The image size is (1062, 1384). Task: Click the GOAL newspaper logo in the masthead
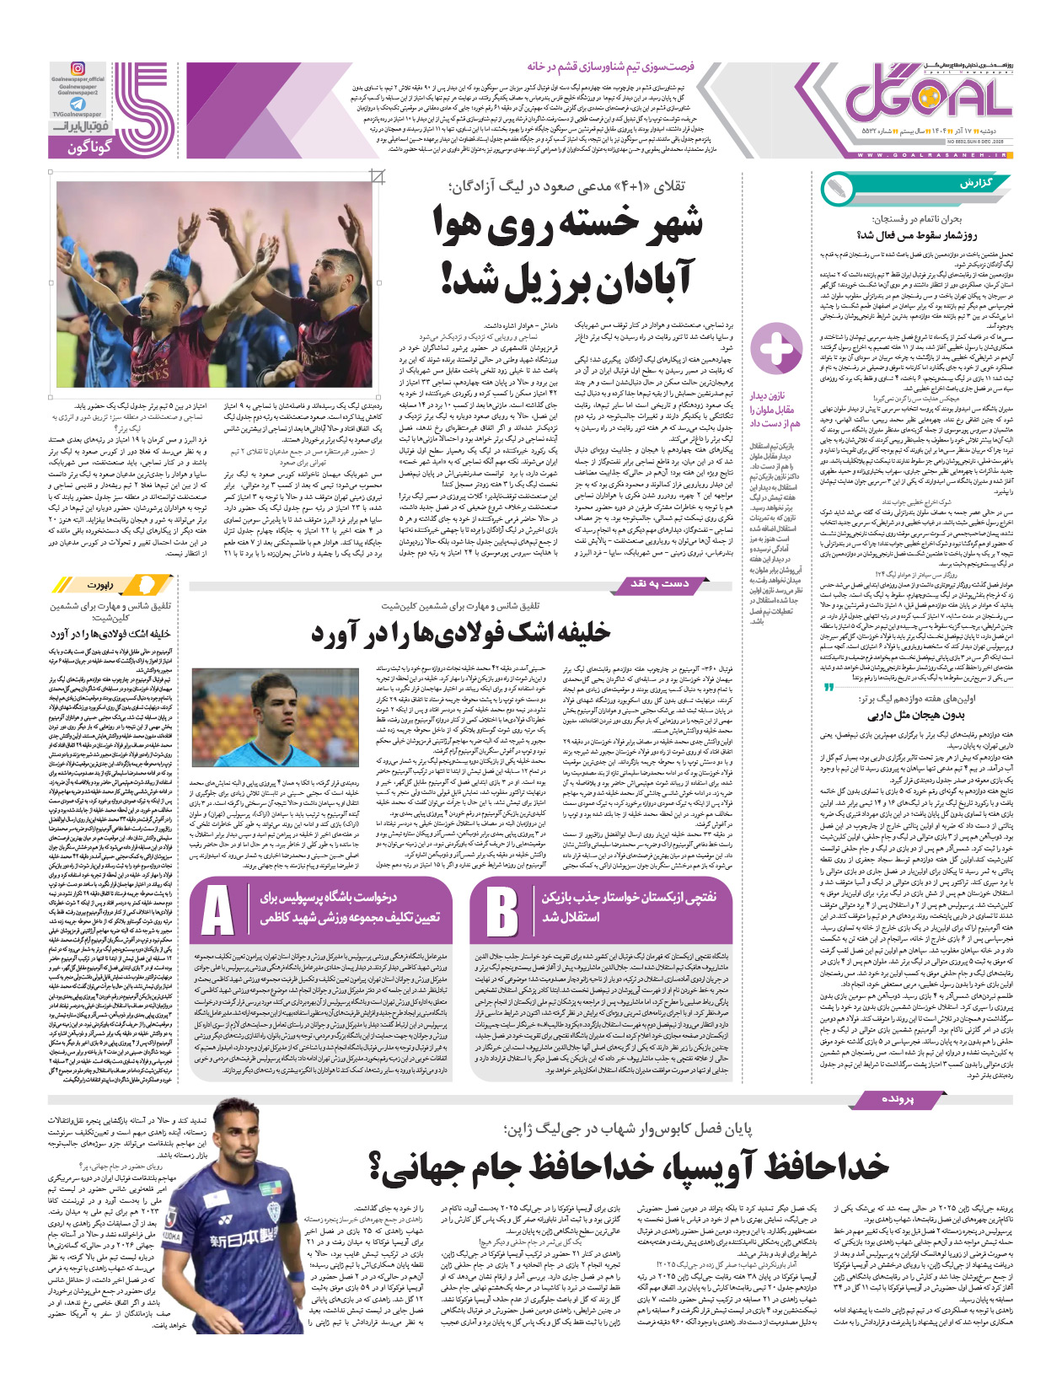coord(927,97)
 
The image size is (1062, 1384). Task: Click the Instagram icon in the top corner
coord(78,68)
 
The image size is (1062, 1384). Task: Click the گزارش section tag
coord(976,183)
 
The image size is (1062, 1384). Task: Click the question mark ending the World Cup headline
coord(377,1167)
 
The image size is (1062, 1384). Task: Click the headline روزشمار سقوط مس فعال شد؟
coord(916,235)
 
